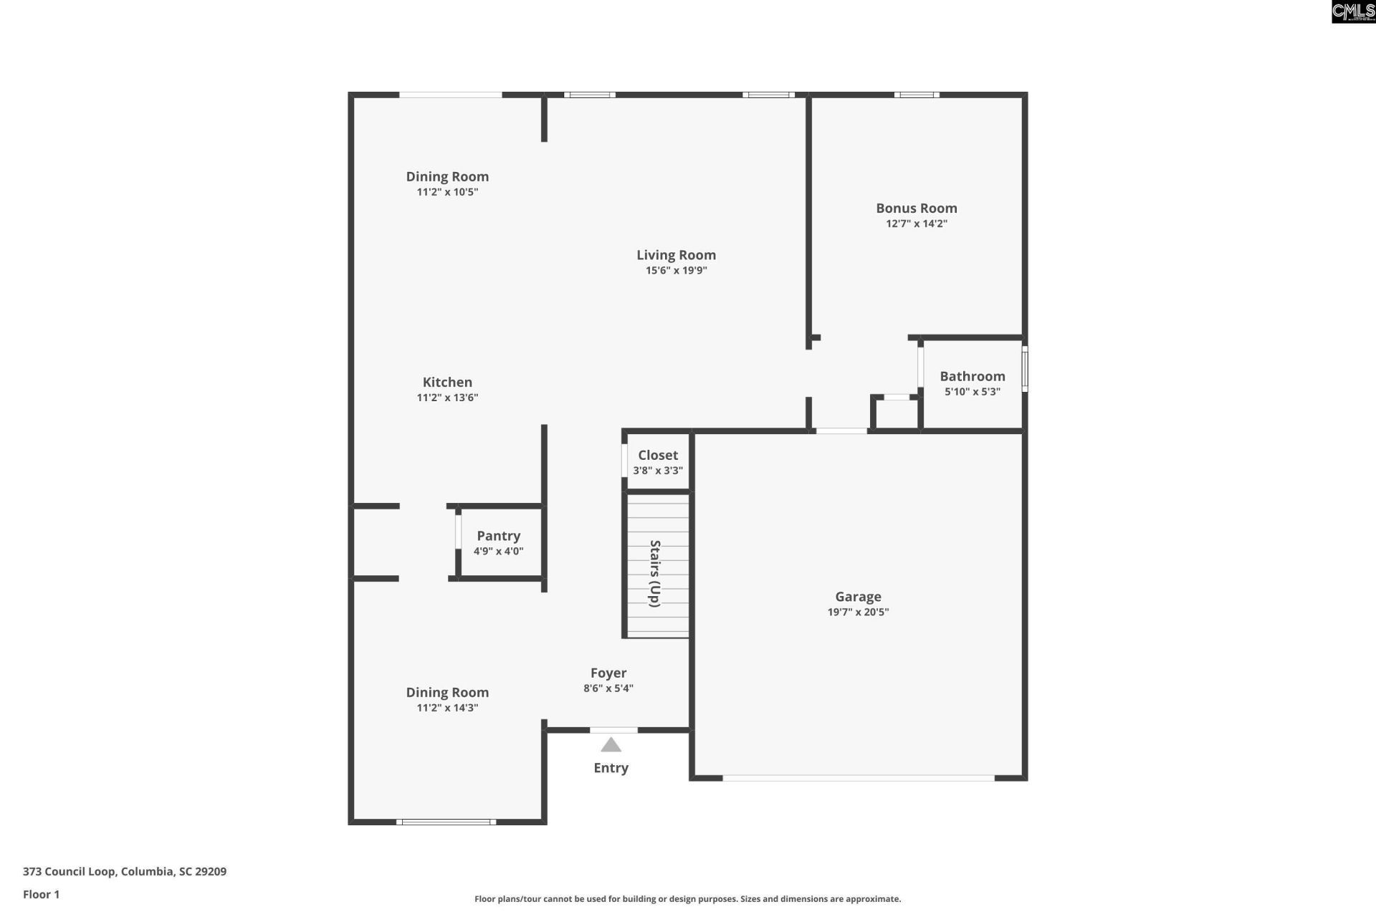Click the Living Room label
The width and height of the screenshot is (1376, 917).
(x=676, y=255)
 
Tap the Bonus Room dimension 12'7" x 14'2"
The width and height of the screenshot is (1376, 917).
(x=916, y=224)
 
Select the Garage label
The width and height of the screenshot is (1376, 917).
(x=858, y=597)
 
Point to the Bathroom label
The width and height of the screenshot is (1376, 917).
(x=972, y=376)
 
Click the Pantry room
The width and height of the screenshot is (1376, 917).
(x=500, y=542)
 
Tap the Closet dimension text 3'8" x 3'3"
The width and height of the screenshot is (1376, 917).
(x=657, y=471)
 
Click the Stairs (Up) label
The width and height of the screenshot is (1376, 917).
(x=654, y=573)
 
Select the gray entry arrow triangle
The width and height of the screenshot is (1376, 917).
(x=611, y=745)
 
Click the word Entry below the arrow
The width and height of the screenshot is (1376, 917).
(x=611, y=768)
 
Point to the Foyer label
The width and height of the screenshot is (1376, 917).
(x=608, y=673)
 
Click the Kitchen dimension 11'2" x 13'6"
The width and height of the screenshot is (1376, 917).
(x=447, y=398)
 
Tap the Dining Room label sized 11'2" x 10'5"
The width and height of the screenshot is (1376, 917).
(x=447, y=176)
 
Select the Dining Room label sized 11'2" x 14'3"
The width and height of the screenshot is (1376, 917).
(x=447, y=692)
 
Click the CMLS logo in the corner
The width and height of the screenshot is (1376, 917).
(x=1353, y=11)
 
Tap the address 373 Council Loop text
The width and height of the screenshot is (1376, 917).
(x=125, y=872)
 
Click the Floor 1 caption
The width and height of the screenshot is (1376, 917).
(x=41, y=894)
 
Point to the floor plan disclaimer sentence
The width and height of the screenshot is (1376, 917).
(x=687, y=899)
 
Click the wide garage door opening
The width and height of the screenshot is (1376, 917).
(x=858, y=777)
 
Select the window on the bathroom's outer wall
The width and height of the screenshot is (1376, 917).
(x=1025, y=369)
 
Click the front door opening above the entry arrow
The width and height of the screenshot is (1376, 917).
(x=613, y=730)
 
